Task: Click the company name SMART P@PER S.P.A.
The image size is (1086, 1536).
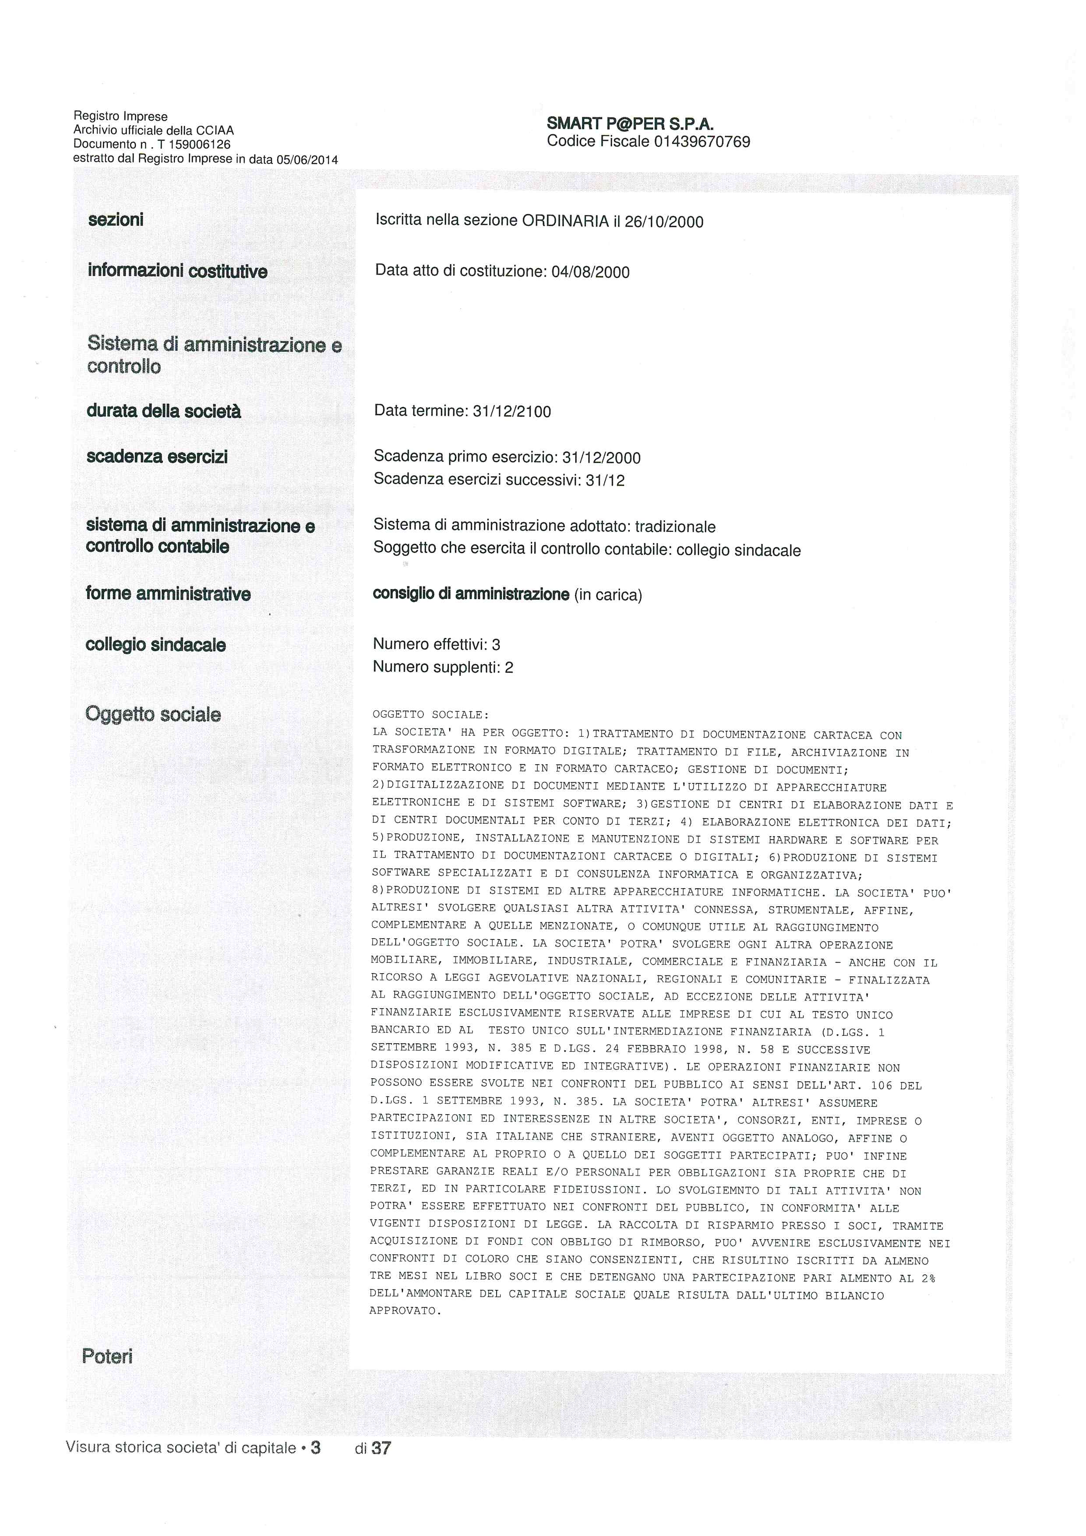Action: coord(630,124)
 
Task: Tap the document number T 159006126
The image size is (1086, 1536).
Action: coord(194,145)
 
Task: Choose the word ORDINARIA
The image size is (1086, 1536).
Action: coord(565,222)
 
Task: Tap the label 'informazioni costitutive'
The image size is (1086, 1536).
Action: coord(177,272)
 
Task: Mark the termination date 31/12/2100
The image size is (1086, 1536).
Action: coord(511,411)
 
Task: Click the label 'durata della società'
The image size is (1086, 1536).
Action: coord(163,411)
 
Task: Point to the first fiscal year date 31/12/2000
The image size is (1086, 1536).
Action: coord(601,458)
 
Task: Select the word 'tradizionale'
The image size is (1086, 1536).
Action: coord(675,527)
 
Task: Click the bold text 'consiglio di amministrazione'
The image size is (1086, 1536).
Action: coord(471,594)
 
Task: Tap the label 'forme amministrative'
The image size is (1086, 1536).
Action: coord(168,594)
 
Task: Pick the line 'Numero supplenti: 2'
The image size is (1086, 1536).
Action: coord(443,667)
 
